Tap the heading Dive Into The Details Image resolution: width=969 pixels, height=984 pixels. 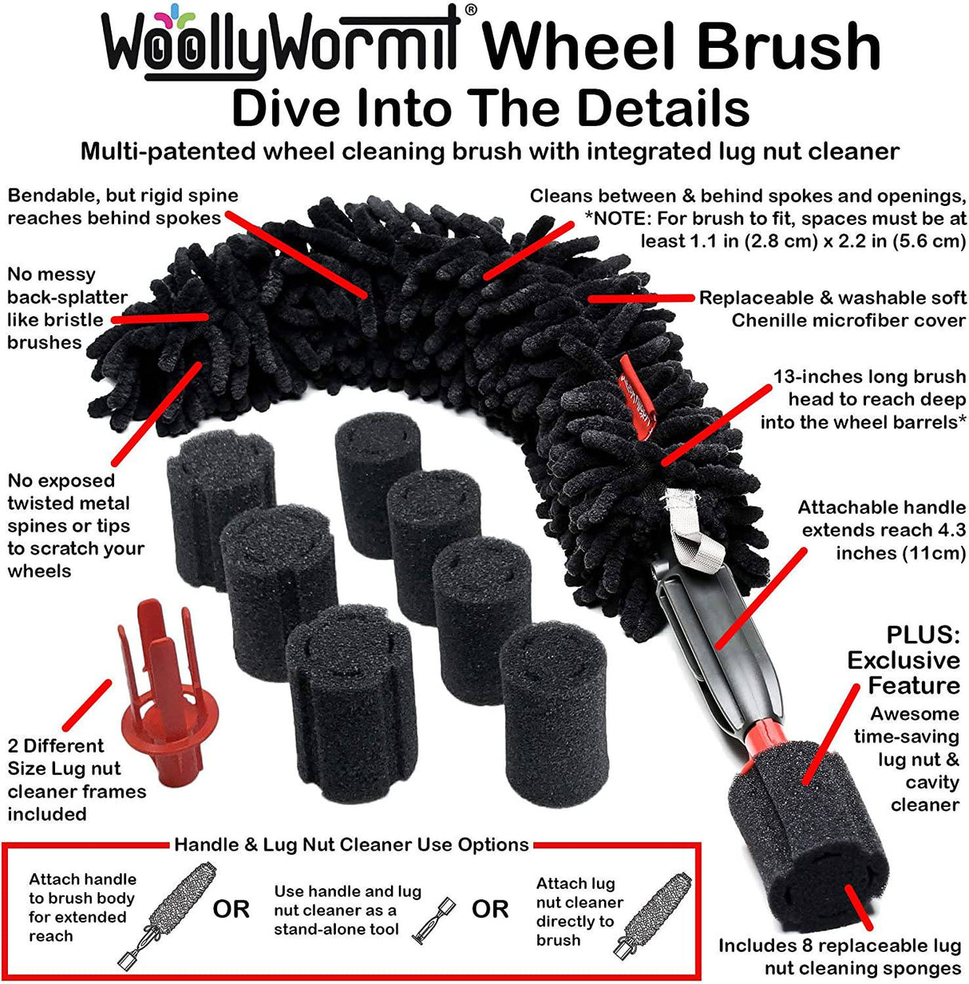tap(490, 109)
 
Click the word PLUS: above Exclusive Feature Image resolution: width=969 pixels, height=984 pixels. tap(923, 635)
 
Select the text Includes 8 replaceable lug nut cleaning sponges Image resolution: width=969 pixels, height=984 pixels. tap(839, 956)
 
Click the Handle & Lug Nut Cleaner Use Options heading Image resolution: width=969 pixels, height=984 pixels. tap(351, 844)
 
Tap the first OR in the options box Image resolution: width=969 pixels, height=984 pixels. tap(231, 909)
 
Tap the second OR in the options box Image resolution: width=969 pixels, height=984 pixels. tap(490, 909)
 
